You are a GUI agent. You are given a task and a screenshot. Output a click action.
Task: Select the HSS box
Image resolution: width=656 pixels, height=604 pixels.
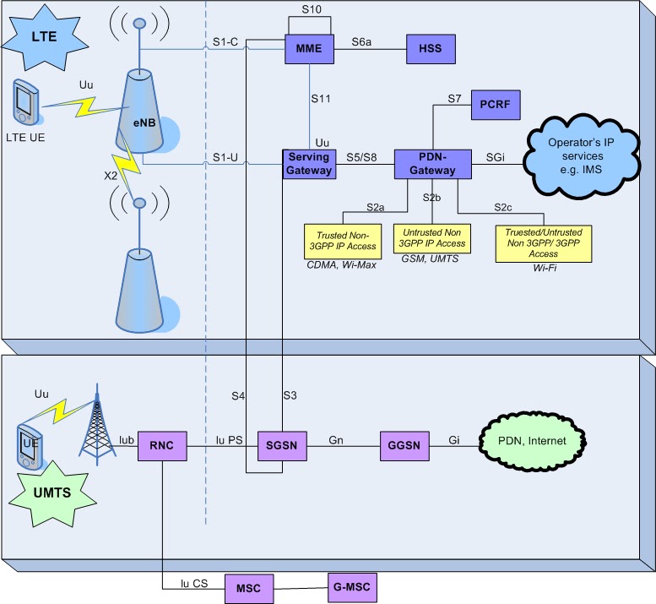click(431, 50)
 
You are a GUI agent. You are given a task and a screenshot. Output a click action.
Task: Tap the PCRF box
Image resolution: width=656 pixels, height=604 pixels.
click(495, 106)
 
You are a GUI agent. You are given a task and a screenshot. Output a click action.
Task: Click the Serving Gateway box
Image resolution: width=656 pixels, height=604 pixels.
click(310, 164)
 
